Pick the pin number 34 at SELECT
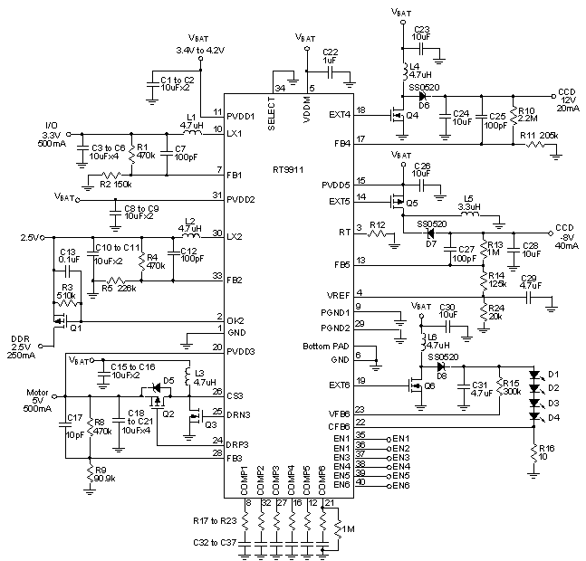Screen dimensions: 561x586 click(x=280, y=88)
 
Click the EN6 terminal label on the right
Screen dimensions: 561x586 click(x=399, y=484)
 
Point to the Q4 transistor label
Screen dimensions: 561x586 click(x=412, y=115)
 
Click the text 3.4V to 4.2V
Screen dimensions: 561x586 click(x=199, y=51)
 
